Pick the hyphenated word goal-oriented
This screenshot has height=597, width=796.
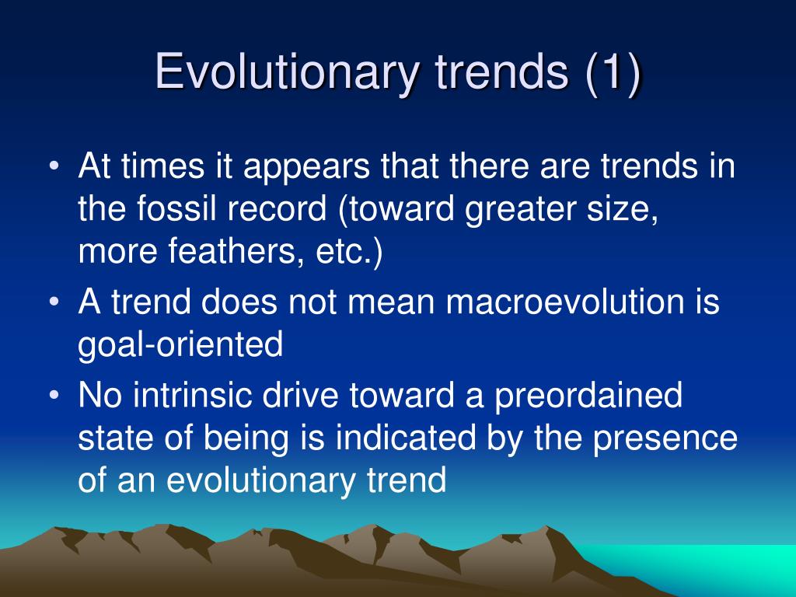(x=180, y=345)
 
